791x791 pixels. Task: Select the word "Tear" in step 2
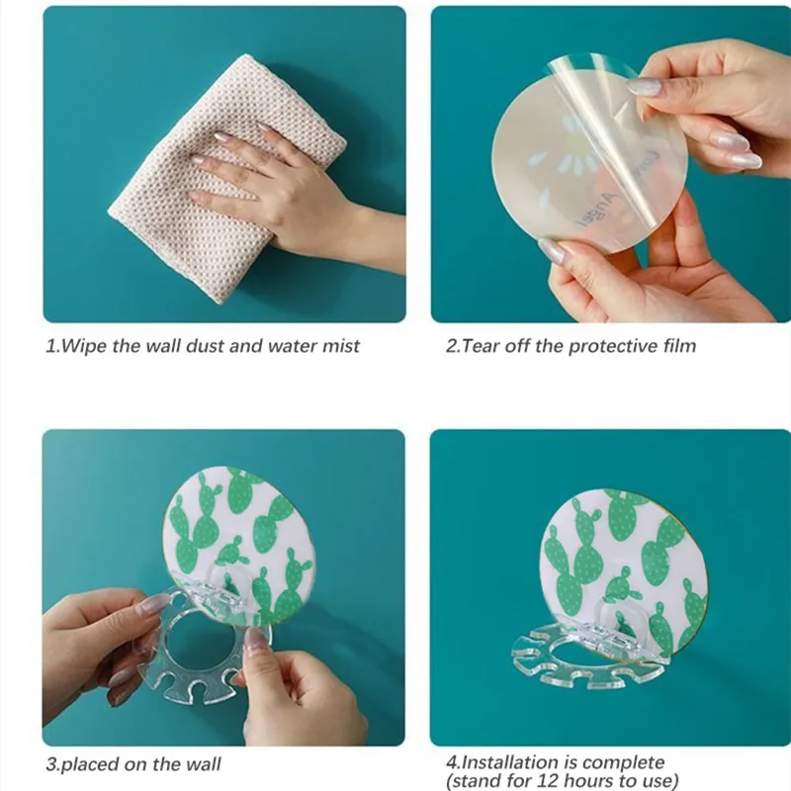tap(481, 346)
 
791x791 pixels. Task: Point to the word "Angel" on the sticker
tap(597, 211)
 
